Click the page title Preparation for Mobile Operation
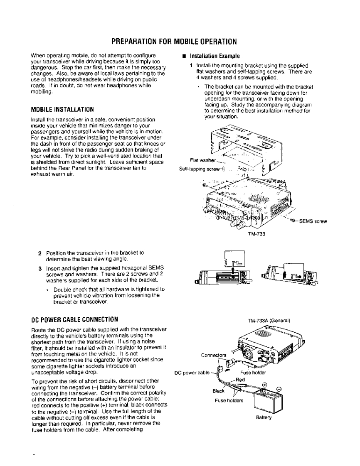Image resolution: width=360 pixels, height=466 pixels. pyautogui.click(x=174, y=42)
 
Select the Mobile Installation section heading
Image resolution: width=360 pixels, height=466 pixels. pyautogui.click(x=63, y=110)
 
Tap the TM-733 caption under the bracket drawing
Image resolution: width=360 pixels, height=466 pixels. pyautogui.click(x=254, y=233)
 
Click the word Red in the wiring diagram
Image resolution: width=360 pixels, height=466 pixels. pyautogui.click(x=240, y=368)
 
